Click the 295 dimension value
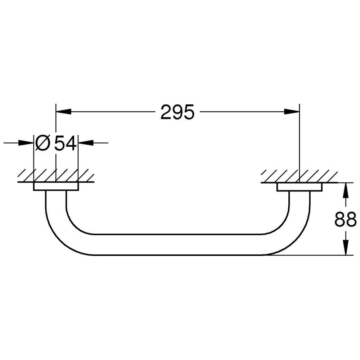pyautogui.click(x=177, y=112)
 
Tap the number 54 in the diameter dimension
pyautogui.click(x=65, y=143)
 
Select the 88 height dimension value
pyautogui.click(x=345, y=219)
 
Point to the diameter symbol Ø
pyautogui.click(x=43, y=143)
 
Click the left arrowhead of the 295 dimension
pyautogui.click(x=63, y=112)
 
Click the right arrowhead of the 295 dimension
pyautogui.click(x=292, y=112)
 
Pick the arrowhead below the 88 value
pyautogui.click(x=345, y=248)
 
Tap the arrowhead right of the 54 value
pyautogui.click(x=86, y=143)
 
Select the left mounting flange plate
pyautogui.click(x=56, y=187)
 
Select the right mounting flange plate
pyautogui.click(x=299, y=187)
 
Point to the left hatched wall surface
pyautogui.click(x=56, y=175)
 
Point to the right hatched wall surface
pyautogui.click(x=299, y=176)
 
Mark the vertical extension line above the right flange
pyautogui.click(x=299, y=144)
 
